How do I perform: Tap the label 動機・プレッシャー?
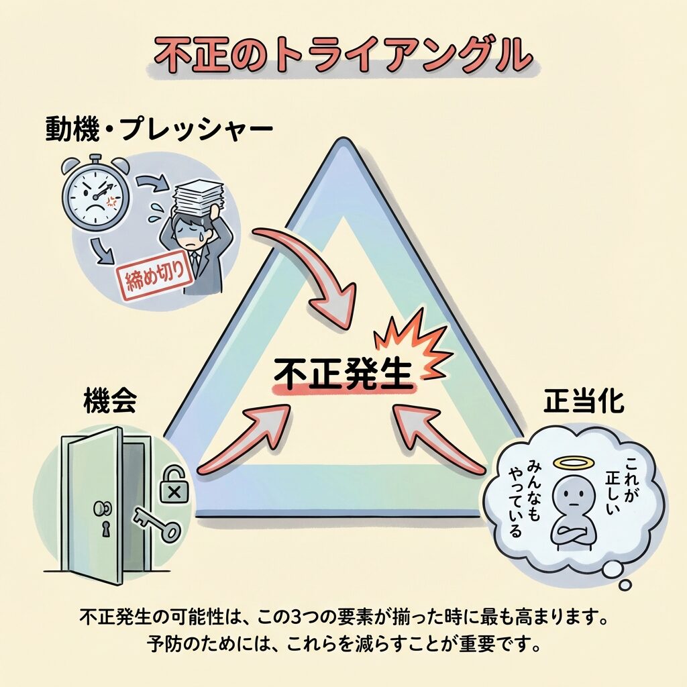click(x=159, y=128)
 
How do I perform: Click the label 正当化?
click(x=584, y=402)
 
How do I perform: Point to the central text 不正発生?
click(x=343, y=374)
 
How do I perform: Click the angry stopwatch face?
click(x=95, y=195)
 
